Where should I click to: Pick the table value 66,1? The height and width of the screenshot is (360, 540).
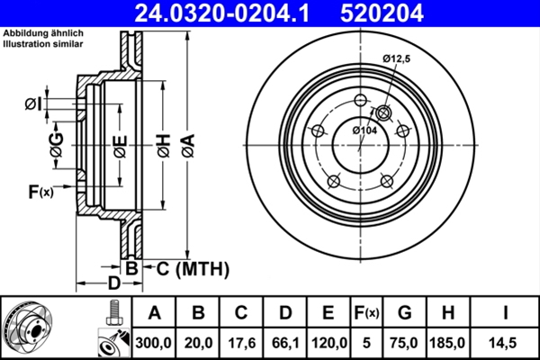[285, 341]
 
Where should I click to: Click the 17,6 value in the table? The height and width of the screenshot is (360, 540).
[241, 341]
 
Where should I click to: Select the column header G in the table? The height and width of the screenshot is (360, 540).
[404, 312]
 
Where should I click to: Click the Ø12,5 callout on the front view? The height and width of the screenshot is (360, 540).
[396, 58]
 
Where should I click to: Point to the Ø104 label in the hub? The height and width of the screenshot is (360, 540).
[364, 131]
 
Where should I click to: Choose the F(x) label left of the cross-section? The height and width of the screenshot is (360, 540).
[40, 191]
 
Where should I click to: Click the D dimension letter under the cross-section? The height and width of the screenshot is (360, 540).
[113, 283]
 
